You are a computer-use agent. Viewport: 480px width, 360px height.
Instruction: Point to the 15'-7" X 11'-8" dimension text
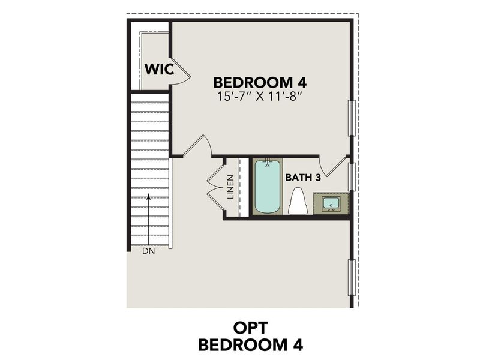coord(256,97)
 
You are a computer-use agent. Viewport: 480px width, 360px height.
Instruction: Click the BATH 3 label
coord(304,177)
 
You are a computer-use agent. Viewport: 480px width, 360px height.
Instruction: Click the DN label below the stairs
coord(148,251)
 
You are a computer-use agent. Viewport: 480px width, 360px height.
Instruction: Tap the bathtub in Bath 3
coord(267,186)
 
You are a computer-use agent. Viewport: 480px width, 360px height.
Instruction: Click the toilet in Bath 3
coord(298,202)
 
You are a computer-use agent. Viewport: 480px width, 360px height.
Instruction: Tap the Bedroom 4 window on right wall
coord(352,118)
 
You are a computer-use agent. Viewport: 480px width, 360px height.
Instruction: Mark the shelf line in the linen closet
coord(239,187)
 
